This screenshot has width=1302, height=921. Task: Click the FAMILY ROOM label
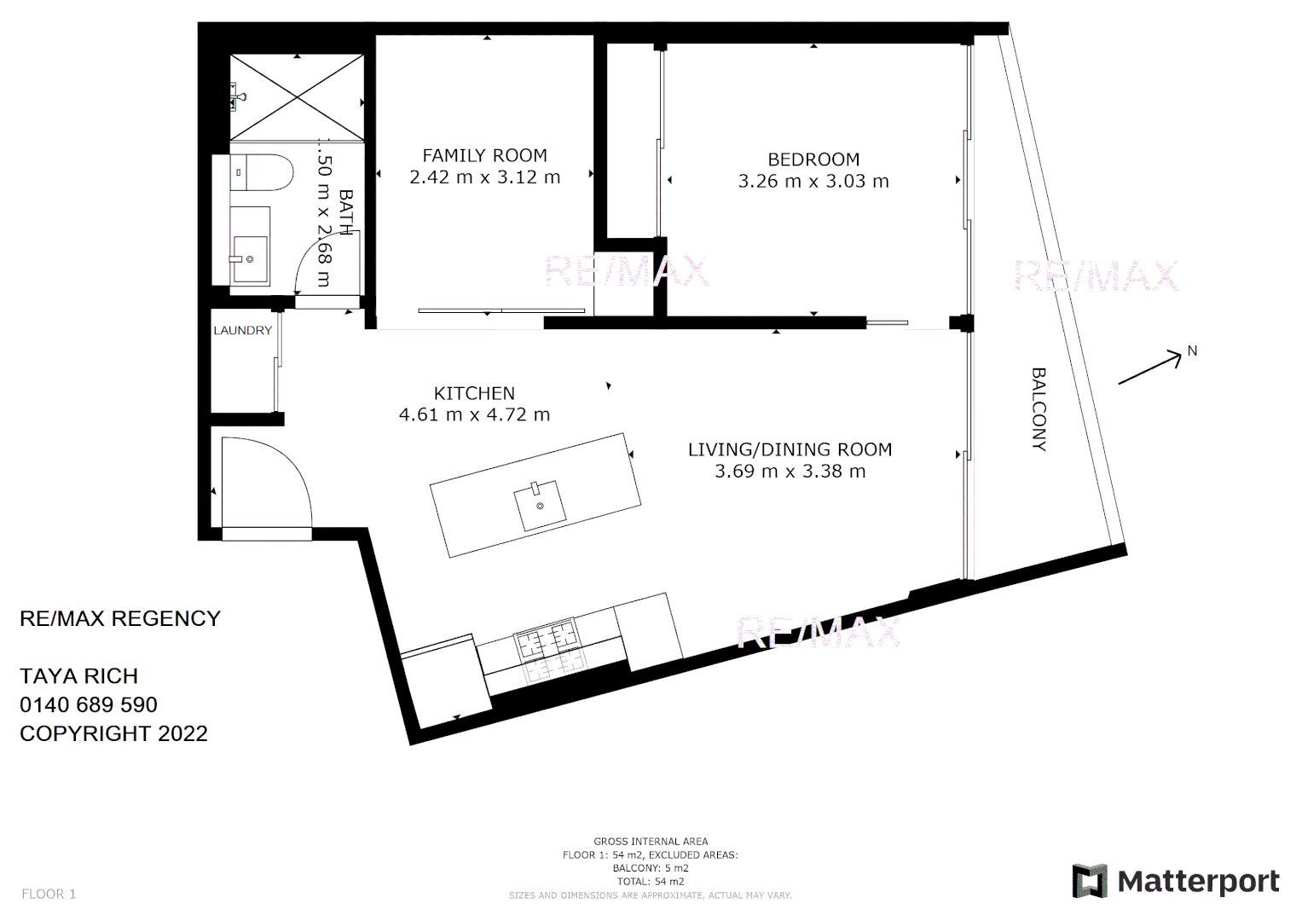[x=484, y=155]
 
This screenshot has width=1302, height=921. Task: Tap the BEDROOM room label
[x=813, y=159]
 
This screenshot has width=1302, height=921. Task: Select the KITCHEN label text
[x=474, y=393]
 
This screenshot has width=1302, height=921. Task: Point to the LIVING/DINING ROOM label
[x=790, y=449]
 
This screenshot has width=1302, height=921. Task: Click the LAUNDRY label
[x=242, y=331]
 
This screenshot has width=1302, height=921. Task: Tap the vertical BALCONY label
[x=1039, y=408]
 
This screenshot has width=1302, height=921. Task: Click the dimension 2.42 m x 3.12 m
[x=484, y=177]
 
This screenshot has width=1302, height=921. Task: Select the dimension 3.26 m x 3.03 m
[x=813, y=182]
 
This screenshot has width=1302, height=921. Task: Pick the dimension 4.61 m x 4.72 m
[x=474, y=415]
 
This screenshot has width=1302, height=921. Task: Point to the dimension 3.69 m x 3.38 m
[x=790, y=472]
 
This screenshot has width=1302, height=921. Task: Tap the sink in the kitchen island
[x=540, y=505]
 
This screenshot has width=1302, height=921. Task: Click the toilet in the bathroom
[x=260, y=172]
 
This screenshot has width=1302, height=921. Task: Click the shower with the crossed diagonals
[x=297, y=98]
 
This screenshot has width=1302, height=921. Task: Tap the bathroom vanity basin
[x=249, y=256]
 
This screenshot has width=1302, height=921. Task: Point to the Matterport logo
[x=1176, y=881]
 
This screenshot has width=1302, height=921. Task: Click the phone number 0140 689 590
[x=89, y=705]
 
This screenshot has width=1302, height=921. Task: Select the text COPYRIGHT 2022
[x=113, y=734]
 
